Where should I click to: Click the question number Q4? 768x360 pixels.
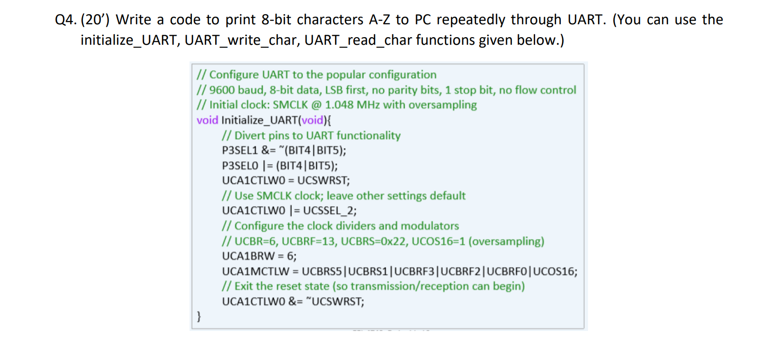point(65,20)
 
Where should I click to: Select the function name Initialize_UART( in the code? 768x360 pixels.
point(260,120)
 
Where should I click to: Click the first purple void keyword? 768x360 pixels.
point(207,120)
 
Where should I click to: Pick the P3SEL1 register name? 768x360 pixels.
point(239,150)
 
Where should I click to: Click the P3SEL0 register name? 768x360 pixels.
point(240,166)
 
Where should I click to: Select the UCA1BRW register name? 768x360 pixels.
point(248,256)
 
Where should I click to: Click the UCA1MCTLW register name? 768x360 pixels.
point(255,271)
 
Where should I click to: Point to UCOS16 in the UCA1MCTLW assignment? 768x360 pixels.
point(554,271)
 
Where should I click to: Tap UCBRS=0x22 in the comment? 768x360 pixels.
point(374,241)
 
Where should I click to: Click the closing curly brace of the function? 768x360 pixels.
point(199,316)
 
